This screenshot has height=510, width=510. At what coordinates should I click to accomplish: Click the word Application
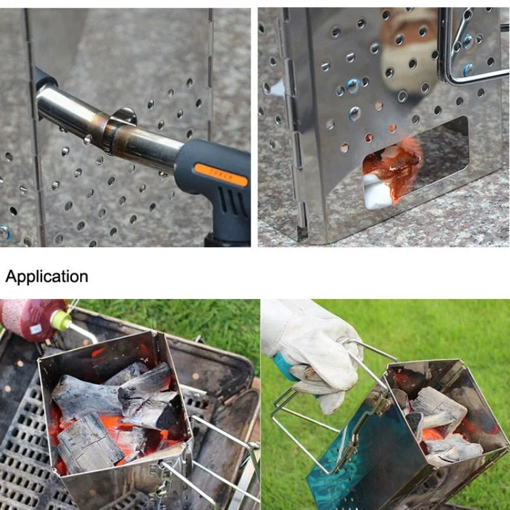coord(47,277)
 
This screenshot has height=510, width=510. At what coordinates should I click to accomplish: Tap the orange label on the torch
coord(221,175)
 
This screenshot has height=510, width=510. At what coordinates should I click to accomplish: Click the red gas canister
coord(29,319)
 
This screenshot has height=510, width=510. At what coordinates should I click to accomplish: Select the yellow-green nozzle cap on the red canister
coord(62,319)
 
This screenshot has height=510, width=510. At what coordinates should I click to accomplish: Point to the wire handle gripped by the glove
coord(300,414)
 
